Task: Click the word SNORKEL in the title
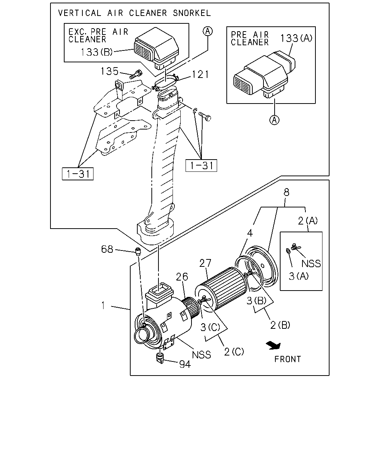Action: point(191,13)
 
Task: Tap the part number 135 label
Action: point(109,71)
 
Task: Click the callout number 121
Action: point(200,74)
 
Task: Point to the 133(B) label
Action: point(96,52)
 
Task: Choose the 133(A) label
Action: point(296,38)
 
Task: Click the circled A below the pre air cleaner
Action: point(274,120)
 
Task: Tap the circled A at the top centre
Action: point(207,31)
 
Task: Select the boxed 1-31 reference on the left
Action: point(78,174)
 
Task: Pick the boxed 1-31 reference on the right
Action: point(201,166)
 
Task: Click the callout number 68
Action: point(107,249)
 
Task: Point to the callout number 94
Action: point(185,364)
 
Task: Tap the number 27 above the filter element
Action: point(205,263)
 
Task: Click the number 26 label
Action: point(182,277)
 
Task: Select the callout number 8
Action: point(286,192)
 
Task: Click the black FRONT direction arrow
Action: point(274,345)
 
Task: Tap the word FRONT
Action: point(288,359)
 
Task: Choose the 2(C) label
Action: point(234,352)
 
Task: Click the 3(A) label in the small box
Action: point(298,276)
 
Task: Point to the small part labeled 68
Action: point(138,251)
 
